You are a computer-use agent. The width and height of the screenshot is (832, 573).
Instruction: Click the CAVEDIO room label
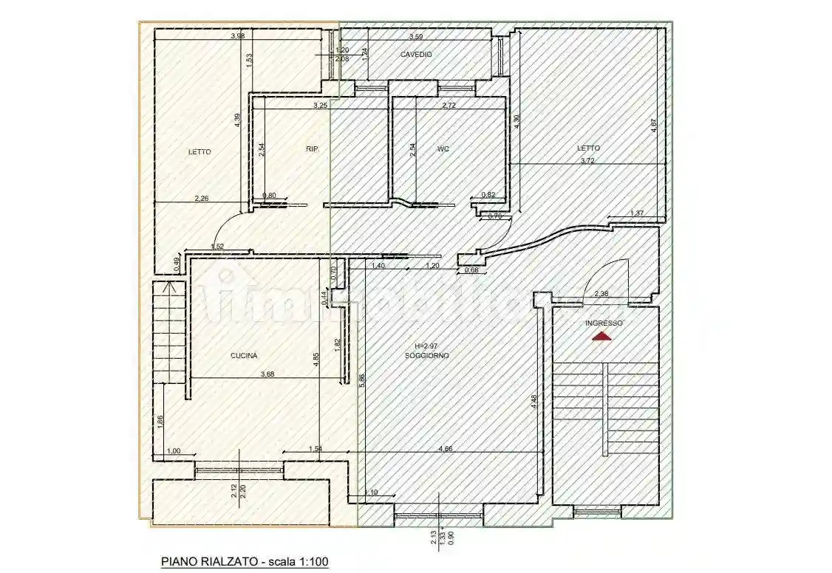(416, 55)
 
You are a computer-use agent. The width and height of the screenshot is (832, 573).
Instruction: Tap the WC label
(443, 148)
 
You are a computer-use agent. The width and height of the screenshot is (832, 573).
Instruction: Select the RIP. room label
(313, 148)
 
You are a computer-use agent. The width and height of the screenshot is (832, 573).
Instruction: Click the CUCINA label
(244, 356)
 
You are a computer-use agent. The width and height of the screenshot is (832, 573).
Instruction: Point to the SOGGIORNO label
(427, 356)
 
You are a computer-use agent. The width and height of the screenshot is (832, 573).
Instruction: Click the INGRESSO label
(604, 323)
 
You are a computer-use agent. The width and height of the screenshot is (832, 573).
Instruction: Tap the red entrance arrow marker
(603, 337)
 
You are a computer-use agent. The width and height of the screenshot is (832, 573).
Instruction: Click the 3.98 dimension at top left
(237, 35)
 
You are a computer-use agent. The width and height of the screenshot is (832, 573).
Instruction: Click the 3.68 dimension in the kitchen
(267, 374)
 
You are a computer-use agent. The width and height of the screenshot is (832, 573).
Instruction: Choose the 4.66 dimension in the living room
(446, 448)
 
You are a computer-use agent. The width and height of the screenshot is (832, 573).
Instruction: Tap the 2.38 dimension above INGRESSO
(602, 294)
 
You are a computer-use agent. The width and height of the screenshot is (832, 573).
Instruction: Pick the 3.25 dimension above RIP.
(321, 106)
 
